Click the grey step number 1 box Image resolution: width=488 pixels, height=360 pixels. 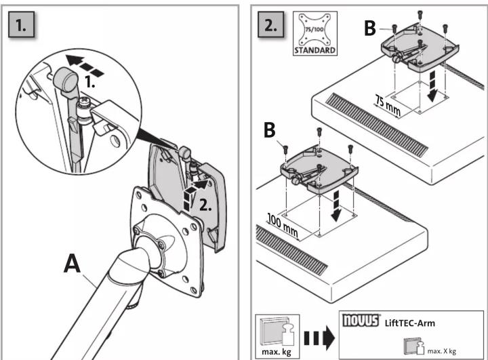pos(21,24)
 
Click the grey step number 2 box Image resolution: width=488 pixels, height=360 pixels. pos(270,24)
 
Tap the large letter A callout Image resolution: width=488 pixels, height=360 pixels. pos(73,264)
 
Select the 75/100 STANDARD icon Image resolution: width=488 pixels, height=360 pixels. pos(315,33)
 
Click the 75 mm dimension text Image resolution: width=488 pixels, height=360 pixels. pos(388,105)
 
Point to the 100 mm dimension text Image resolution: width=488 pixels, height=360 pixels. pos(283,226)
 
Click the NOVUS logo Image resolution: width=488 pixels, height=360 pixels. pos(361,320)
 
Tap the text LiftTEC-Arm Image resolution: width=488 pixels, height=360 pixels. pos(410,323)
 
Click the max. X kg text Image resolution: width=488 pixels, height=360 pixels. pos(442,351)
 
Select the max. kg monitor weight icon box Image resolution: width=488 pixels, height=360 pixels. pos(278,336)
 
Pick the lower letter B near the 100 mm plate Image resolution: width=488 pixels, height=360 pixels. pos(270,129)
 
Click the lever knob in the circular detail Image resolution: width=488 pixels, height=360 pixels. pos(66,79)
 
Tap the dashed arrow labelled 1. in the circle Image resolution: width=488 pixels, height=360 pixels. pos(85,65)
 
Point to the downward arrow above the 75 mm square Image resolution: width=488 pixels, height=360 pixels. pos(432,85)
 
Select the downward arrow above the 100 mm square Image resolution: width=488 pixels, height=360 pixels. pos(336,206)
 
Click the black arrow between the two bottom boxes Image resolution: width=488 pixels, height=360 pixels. pos(319,338)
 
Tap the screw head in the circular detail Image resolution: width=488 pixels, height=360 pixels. pos(83,102)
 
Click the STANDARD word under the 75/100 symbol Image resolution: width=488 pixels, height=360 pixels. pos(315,50)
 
